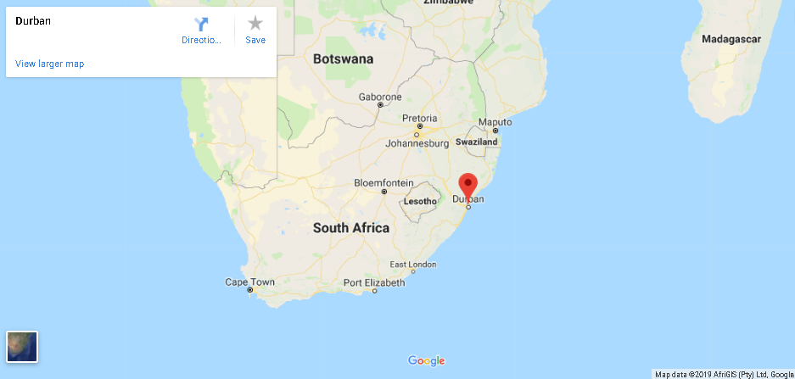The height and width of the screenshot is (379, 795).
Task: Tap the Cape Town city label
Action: click(x=249, y=281)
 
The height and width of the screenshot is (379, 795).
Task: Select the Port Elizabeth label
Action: click(x=374, y=282)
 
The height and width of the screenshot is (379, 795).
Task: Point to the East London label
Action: click(x=413, y=265)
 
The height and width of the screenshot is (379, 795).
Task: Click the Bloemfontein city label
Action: click(x=384, y=182)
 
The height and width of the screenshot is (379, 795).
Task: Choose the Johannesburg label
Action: click(x=417, y=143)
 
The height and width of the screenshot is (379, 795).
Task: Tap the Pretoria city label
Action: click(x=419, y=118)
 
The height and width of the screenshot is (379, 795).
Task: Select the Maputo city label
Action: click(x=495, y=122)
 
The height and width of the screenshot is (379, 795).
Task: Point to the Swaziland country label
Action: click(x=476, y=142)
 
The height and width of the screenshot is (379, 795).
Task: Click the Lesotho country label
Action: click(x=420, y=201)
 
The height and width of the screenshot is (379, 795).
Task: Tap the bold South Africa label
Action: click(x=351, y=227)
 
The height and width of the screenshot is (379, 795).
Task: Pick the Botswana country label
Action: click(x=343, y=59)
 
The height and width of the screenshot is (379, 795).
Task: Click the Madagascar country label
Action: click(x=731, y=39)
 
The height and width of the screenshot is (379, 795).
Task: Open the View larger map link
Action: click(x=49, y=64)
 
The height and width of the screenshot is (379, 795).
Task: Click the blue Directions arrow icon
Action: click(x=201, y=24)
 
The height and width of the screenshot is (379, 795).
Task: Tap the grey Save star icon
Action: click(x=255, y=24)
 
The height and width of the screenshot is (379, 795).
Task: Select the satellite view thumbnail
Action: click(x=22, y=346)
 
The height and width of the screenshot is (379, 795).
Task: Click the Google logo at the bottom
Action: click(x=426, y=361)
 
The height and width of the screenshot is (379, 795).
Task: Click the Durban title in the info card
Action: click(x=33, y=20)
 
